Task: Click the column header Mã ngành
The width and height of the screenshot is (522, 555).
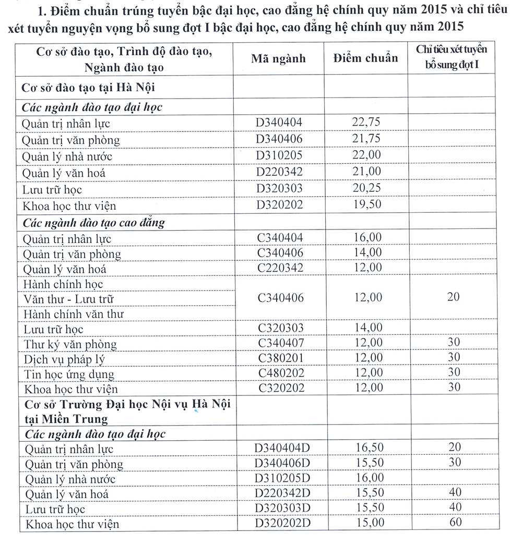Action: tap(278, 58)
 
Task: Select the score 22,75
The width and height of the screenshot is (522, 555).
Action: tap(365, 123)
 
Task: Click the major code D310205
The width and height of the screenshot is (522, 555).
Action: tap(279, 155)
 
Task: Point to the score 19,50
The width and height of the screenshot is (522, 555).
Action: tap(365, 205)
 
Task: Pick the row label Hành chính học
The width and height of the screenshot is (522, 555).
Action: tap(63, 284)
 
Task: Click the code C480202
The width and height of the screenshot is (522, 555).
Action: tap(279, 373)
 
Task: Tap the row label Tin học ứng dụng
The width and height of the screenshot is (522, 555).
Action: tap(69, 374)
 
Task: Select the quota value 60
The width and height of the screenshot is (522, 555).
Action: tap(455, 522)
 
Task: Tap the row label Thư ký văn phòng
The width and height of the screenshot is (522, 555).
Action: tap(70, 344)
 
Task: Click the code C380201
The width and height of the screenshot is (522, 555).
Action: tap(279, 358)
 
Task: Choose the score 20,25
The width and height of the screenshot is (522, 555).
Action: tap(365, 188)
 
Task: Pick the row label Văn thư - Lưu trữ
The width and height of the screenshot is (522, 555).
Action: tap(68, 299)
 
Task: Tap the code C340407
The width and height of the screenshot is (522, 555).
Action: tap(279, 343)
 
